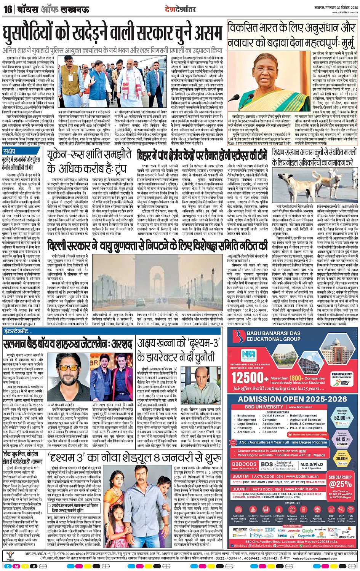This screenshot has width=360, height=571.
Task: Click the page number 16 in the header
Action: (8, 9)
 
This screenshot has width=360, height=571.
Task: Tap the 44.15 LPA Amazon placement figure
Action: (342, 439)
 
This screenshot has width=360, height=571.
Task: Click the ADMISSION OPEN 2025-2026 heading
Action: (292, 399)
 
